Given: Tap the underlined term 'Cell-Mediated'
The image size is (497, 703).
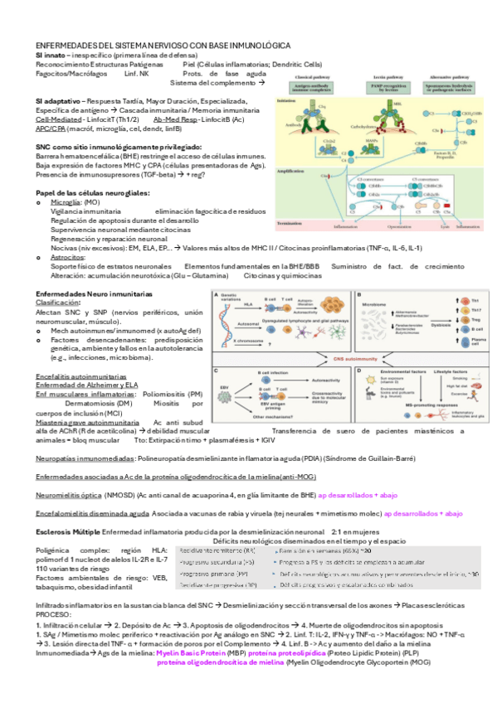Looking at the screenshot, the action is pyautogui.click(x=58, y=119).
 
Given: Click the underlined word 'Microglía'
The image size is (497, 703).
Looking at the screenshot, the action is pyautogui.click(x=66, y=201).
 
